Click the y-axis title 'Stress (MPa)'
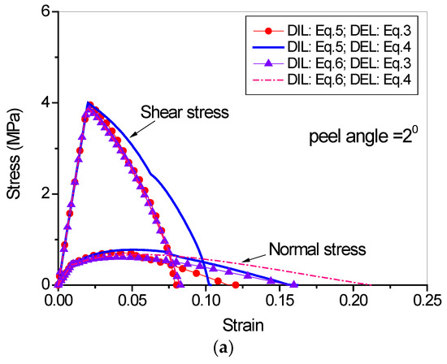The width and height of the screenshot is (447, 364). coord(15,149)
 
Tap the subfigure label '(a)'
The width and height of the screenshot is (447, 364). coord(224,352)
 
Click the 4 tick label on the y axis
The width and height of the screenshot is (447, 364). coord(45,103)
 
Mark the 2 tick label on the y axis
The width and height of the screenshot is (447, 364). coord(45,194)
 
